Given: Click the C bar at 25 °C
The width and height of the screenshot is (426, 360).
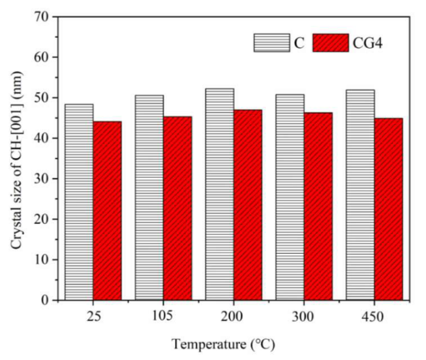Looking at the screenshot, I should click(x=79, y=202).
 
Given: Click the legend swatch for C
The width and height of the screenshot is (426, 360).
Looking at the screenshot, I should click(x=271, y=42).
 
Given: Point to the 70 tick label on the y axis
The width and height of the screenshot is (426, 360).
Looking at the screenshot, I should click(x=44, y=17).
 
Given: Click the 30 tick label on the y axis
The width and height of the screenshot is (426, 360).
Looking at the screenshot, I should click(x=44, y=178).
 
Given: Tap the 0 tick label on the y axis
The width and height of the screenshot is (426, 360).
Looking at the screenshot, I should click(x=48, y=299).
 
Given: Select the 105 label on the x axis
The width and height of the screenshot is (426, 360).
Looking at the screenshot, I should click(x=163, y=315).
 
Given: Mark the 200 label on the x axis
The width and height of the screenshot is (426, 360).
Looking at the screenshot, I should click(x=234, y=315).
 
